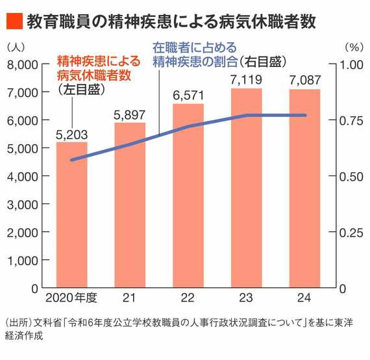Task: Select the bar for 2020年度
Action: point(71,214)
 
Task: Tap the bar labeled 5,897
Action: point(130,205)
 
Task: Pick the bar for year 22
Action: point(188,195)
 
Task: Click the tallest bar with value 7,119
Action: point(246,188)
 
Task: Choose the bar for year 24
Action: point(304,188)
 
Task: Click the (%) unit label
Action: point(352,47)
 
